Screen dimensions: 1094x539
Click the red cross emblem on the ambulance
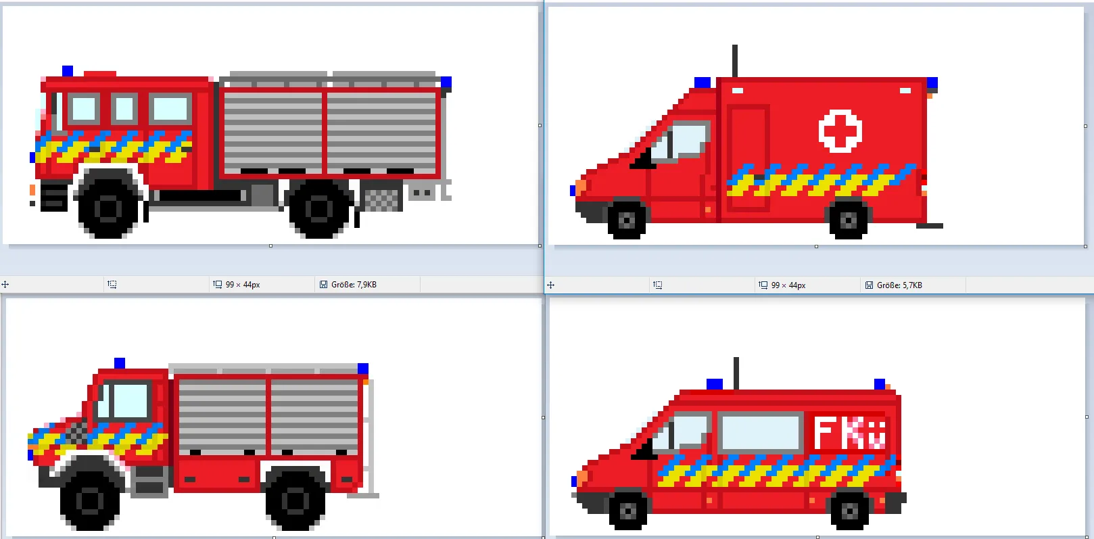point(840,131)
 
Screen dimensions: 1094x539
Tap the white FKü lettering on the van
point(850,433)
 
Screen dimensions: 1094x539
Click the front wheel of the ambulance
point(627,220)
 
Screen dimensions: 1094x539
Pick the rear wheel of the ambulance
point(849,220)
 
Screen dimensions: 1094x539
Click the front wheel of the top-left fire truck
point(108,208)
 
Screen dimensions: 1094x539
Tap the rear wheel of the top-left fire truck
point(319,208)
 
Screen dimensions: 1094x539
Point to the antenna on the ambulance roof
point(734,61)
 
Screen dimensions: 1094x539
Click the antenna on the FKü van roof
point(736,373)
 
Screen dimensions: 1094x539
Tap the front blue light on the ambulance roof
point(703,83)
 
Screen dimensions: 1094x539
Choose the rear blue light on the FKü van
point(879,384)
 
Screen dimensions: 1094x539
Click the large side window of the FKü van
point(761,432)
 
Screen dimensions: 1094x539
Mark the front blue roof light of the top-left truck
point(68,71)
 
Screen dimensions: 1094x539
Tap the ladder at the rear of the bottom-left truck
point(371,438)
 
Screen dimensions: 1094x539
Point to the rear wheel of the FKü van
point(850,510)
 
